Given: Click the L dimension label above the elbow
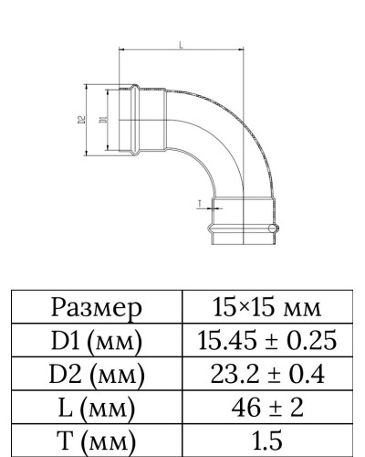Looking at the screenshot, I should click(x=182, y=45).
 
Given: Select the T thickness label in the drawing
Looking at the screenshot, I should click(x=199, y=203).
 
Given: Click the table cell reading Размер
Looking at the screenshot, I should click(x=98, y=307).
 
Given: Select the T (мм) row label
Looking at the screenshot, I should click(x=98, y=439).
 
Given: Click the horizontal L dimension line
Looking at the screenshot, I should click(x=182, y=51).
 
